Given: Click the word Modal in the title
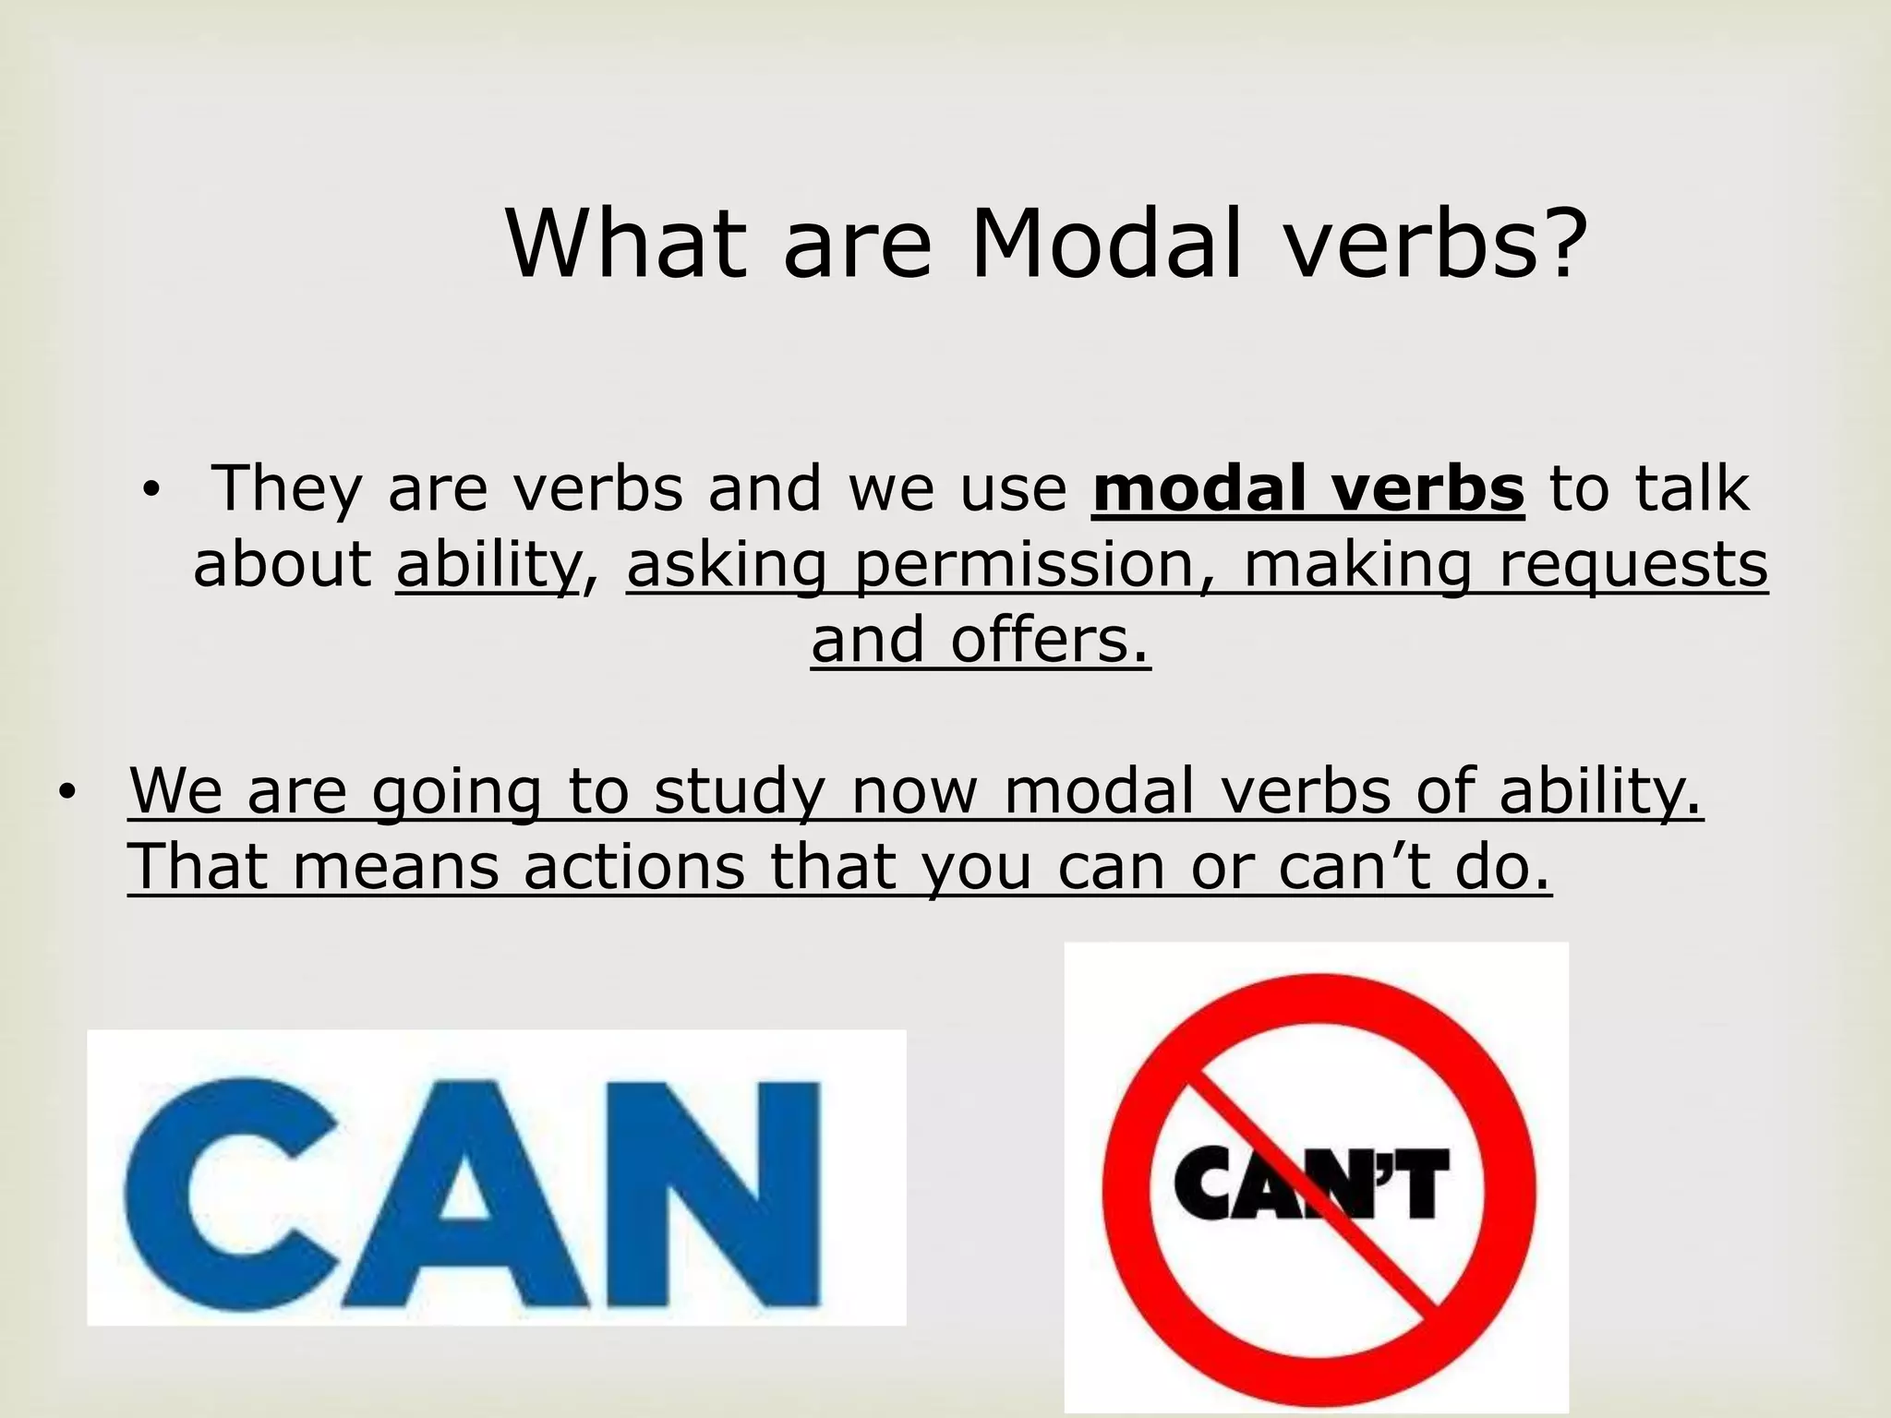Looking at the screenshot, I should pos(1107,244).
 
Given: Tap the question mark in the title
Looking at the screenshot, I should pos(1558,244).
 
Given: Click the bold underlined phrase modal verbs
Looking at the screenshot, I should pos(1307,488).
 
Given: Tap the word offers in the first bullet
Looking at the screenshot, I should pos(1051,640).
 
